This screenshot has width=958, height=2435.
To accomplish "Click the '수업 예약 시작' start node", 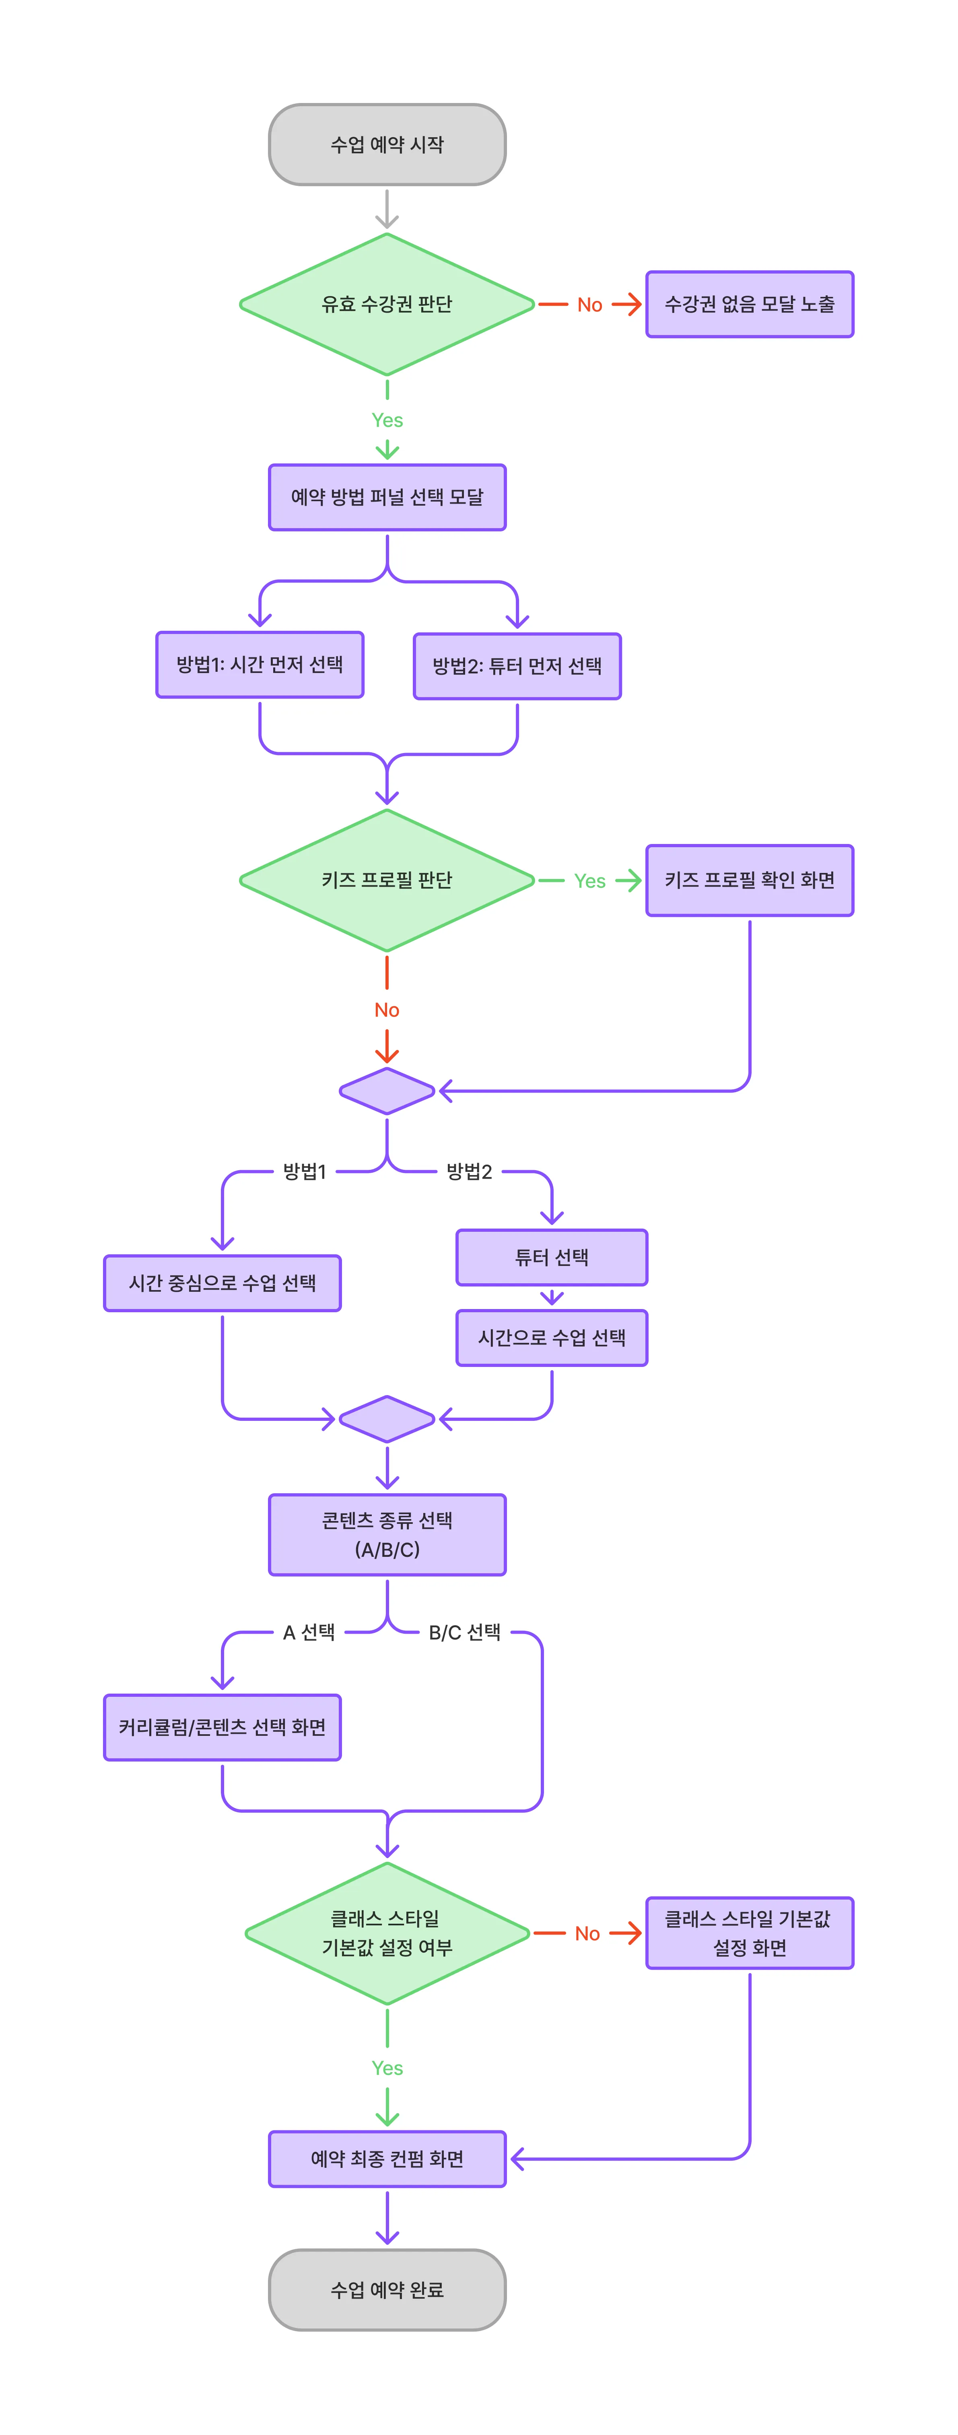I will point(387,145).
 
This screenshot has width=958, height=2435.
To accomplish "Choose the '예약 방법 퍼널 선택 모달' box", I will point(387,497).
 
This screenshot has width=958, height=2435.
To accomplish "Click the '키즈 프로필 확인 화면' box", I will point(749,880).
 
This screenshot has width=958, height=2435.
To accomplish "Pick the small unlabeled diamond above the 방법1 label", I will point(387,1091).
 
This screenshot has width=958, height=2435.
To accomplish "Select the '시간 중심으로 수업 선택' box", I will point(222,1283).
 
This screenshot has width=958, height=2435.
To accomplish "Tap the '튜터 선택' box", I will point(551,1257).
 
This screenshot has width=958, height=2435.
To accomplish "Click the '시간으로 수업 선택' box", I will point(551,1338).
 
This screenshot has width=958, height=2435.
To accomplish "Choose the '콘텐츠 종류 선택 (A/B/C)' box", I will point(387,1534).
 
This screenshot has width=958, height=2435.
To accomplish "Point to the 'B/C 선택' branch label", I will point(464,1632).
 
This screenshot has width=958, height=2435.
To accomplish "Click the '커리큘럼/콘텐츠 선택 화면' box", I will point(222,1727).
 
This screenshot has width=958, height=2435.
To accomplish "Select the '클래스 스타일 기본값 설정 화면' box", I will point(749,1933).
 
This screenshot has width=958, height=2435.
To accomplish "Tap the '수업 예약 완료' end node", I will point(387,2289).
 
